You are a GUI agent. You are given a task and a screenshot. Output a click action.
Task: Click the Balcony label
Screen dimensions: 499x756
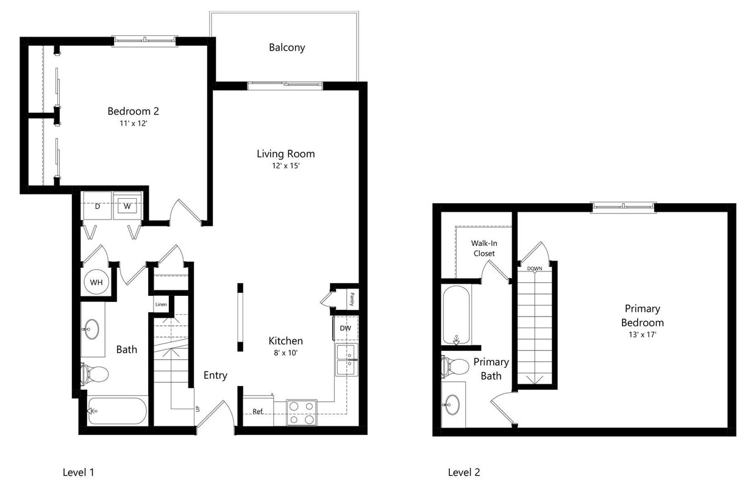point(287,48)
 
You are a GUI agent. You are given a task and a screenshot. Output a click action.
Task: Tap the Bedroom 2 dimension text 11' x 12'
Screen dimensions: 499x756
point(133,123)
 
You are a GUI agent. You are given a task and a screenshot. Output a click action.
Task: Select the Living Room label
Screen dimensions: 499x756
point(285,154)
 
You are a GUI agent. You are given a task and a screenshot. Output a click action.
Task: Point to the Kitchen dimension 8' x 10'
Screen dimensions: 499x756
point(285,352)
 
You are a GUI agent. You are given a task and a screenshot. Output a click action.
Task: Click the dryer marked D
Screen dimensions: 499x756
point(97,206)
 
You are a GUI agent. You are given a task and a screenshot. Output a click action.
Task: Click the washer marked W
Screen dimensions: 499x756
point(127,206)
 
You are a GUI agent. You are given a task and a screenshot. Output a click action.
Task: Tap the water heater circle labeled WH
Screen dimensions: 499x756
point(96,282)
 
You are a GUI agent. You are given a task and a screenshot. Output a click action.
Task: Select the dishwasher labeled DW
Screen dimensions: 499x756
point(346,328)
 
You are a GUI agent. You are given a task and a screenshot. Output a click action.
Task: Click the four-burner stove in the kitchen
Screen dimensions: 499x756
point(302,412)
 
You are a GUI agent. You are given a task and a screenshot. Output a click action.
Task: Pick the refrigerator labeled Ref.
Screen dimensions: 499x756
point(258,412)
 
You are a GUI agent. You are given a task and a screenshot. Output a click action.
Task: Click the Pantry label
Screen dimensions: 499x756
point(352,299)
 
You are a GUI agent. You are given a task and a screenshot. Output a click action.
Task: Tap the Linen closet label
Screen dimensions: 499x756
point(160,304)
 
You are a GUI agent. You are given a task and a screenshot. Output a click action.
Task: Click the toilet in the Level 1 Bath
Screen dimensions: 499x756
point(94,373)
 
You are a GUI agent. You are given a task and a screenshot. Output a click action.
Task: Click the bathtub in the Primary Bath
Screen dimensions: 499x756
point(456,315)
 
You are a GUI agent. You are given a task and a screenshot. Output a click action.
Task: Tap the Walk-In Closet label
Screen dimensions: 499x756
point(483,248)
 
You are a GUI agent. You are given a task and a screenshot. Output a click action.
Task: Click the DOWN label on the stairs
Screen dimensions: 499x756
point(535,268)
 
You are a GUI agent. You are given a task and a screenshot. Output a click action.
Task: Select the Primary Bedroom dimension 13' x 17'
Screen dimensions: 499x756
point(642,334)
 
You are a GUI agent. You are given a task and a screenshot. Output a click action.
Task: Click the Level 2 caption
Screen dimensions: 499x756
point(464,472)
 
